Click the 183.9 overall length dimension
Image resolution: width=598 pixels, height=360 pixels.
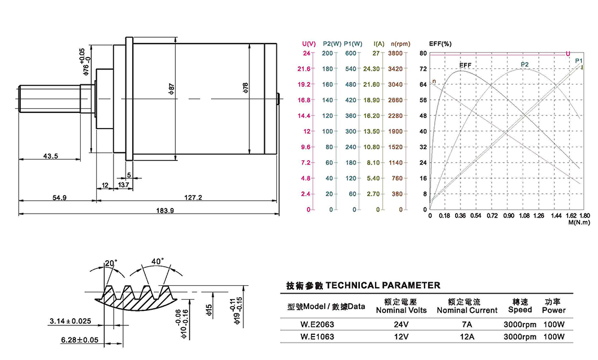(x=165, y=210)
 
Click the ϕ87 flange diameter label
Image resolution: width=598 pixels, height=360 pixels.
(x=172, y=89)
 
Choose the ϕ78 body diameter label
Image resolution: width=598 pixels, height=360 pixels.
(x=246, y=89)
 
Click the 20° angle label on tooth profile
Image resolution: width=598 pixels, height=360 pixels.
(x=110, y=263)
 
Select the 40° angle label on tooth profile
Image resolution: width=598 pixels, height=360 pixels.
(x=157, y=261)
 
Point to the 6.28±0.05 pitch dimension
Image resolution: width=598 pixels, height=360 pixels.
(x=80, y=340)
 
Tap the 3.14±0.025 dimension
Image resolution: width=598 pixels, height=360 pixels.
(x=70, y=321)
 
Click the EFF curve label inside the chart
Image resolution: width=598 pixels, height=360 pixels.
(x=465, y=65)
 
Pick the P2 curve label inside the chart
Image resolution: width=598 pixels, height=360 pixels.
(x=524, y=65)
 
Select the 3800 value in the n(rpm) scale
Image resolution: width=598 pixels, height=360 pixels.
(x=395, y=53)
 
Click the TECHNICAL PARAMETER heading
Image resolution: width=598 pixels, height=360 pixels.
(x=363, y=285)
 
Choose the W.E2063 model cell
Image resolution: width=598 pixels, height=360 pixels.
(x=317, y=325)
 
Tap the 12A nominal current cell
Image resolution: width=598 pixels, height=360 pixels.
(x=466, y=337)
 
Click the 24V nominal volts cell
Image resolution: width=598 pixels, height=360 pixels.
(x=401, y=325)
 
